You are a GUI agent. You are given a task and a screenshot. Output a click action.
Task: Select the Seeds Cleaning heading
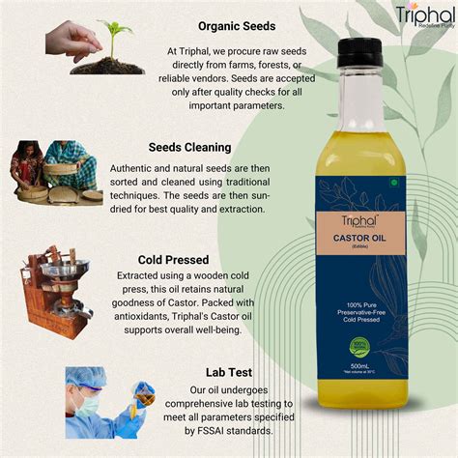pyautogui.click(x=189, y=148)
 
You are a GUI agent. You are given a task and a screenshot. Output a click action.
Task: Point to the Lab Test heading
pyautogui.click(x=228, y=372)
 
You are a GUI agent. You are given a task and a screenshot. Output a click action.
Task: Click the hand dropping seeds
pyautogui.click(x=70, y=39)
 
